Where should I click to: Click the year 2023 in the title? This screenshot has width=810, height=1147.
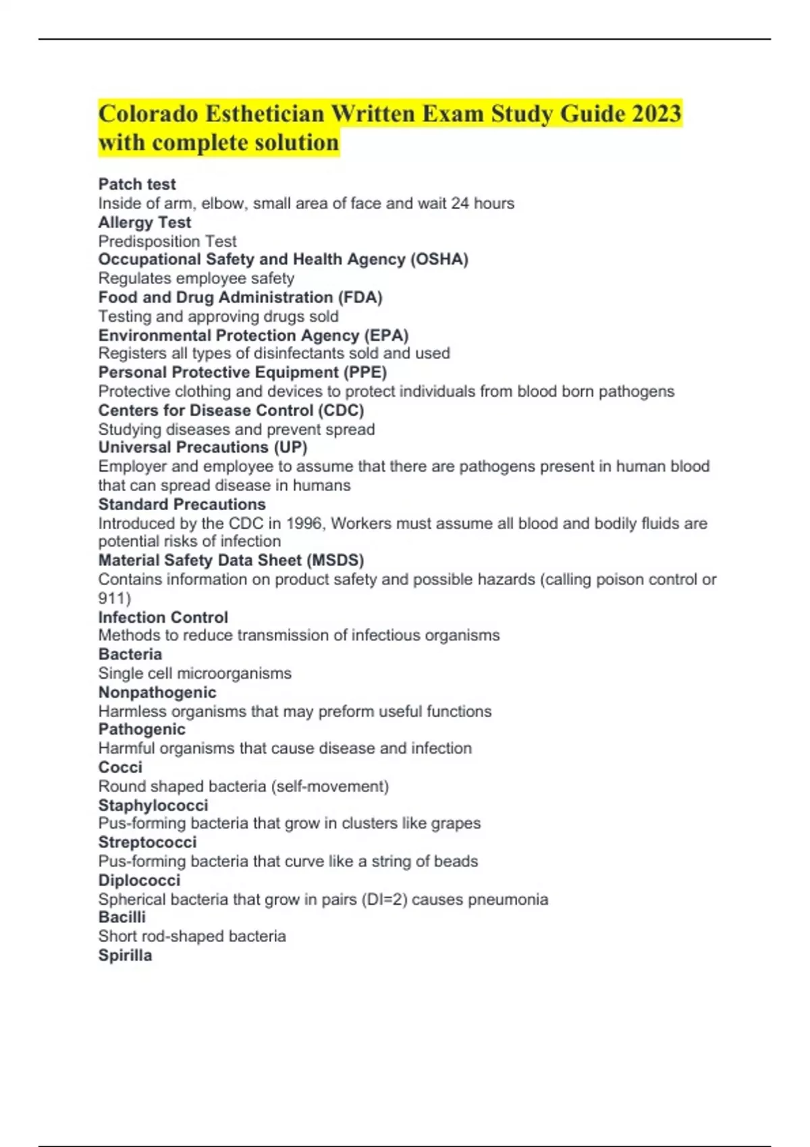[656, 113]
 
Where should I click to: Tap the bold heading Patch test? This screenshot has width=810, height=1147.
[137, 184]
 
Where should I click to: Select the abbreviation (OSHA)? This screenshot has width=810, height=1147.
[439, 259]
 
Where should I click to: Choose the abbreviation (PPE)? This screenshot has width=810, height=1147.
[365, 372]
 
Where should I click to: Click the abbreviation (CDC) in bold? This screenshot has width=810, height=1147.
[341, 410]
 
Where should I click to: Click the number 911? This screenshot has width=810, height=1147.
[111, 598]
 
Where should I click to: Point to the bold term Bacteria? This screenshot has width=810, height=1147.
[130, 654]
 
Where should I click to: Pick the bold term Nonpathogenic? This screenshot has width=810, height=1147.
[157, 692]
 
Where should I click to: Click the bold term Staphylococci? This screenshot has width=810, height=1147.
[153, 805]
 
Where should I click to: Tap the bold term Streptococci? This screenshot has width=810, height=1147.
[147, 842]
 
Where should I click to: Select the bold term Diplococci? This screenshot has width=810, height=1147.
[139, 880]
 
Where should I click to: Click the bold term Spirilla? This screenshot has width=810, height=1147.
[125, 955]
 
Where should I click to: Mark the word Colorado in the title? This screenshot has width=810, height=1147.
[148, 113]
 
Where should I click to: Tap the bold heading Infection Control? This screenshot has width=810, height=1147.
[163, 617]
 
